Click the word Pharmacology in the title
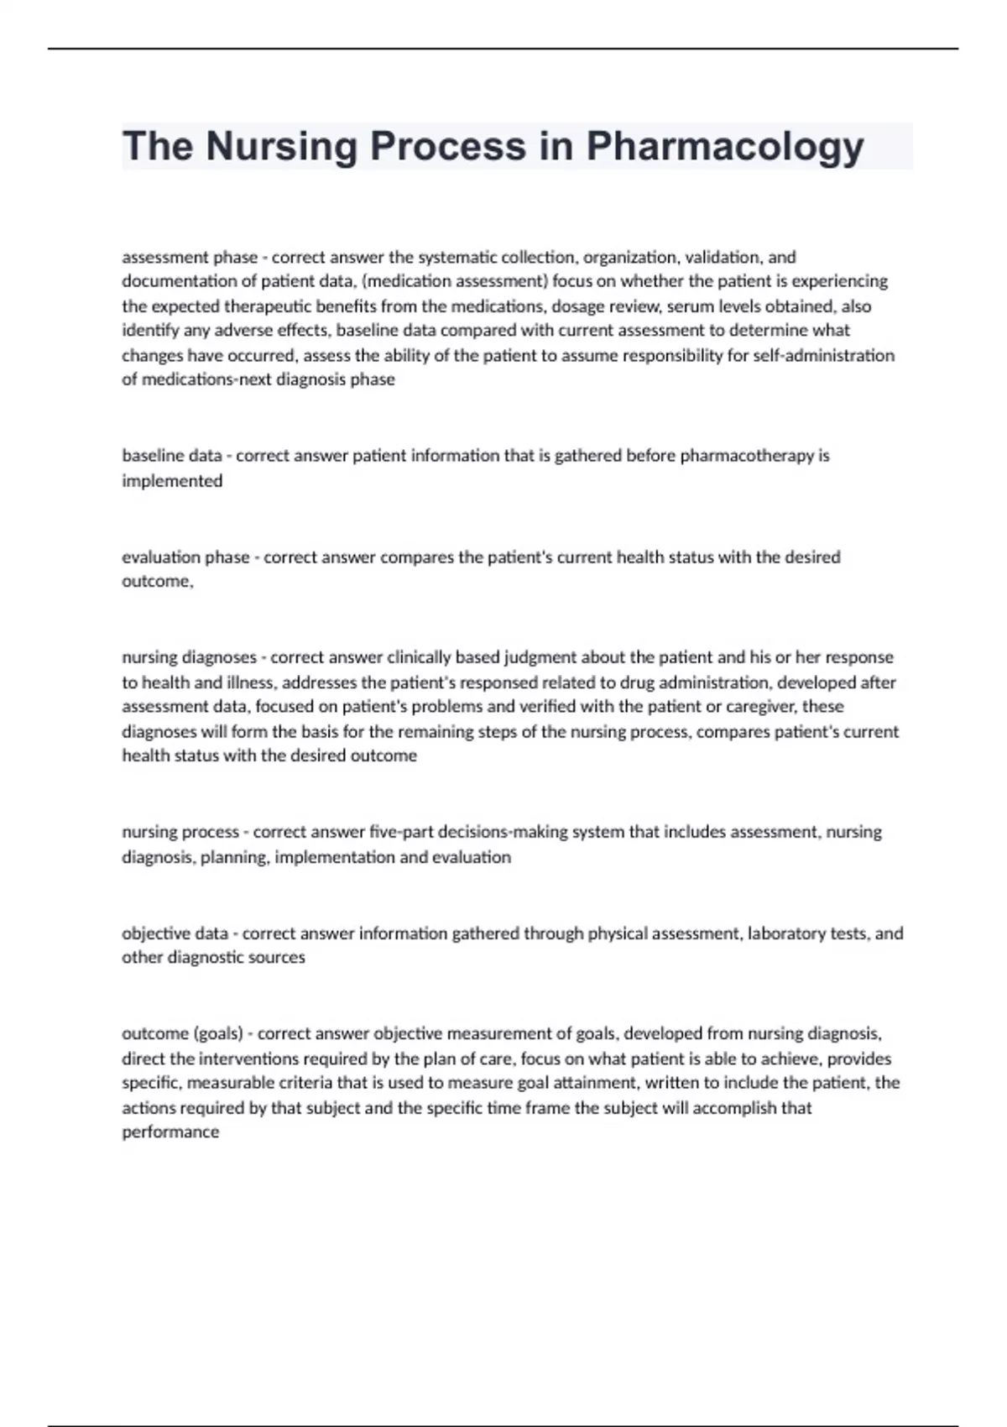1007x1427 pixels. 725,147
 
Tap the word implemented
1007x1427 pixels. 172,481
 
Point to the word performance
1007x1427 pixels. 170,1132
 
